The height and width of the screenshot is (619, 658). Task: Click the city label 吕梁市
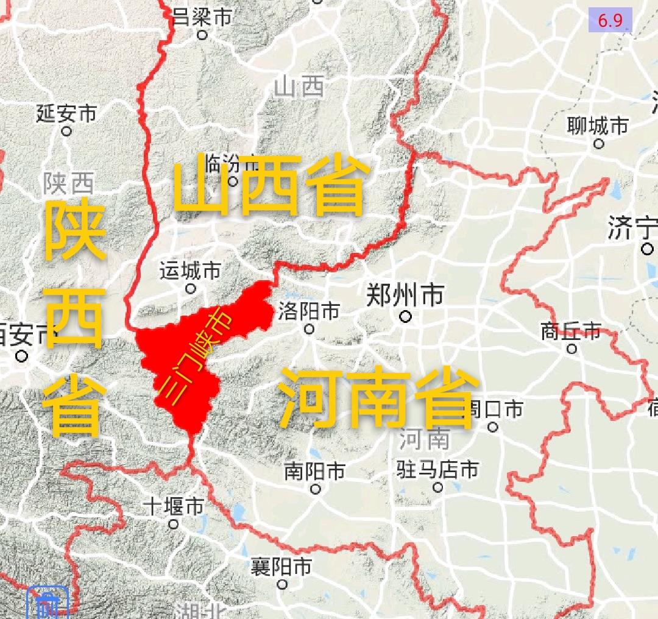(202, 16)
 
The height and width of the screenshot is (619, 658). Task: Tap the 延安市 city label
(66, 113)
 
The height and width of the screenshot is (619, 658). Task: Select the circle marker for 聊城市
(599, 144)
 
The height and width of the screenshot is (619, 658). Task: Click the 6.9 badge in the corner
(610, 20)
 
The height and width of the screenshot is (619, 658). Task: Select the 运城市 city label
(190, 271)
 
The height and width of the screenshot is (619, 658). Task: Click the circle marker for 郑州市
(405, 316)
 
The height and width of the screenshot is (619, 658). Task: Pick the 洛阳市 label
(308, 312)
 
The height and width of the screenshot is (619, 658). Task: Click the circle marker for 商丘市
(571, 348)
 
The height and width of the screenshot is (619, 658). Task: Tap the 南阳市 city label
(314, 471)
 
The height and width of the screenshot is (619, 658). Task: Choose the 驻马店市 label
(437, 470)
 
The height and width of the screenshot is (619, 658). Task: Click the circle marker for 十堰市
(174, 523)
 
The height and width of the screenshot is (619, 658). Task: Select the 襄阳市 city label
(281, 567)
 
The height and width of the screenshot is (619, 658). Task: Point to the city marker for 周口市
(493, 426)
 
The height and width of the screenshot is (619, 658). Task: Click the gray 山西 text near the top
(299, 87)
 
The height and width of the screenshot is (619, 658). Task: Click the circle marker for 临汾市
(232, 181)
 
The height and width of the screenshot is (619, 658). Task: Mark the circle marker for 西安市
(23, 356)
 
